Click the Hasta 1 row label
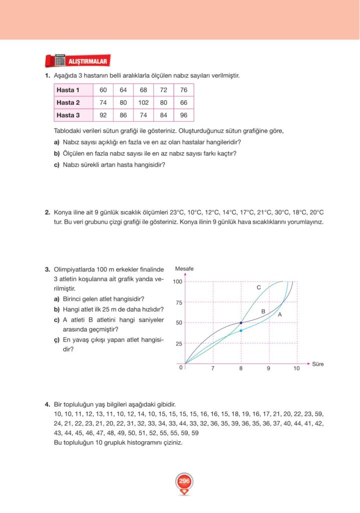point(68,90)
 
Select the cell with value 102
point(143,103)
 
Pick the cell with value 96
point(184,115)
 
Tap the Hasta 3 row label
point(68,115)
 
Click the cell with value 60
point(103,90)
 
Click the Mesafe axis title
point(184,269)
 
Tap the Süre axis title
point(318,364)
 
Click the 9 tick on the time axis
point(268,369)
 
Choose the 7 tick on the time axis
point(213,369)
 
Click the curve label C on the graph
point(258,288)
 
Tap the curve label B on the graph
point(263,311)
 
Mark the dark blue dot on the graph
point(241,323)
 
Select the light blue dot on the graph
point(241,331)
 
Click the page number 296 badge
point(184,482)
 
